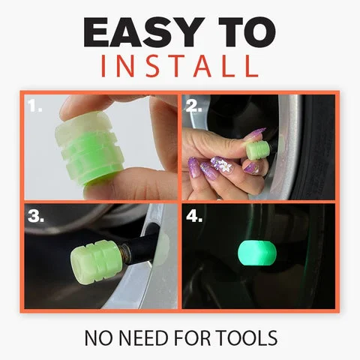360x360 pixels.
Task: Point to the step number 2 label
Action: click(x=194, y=107)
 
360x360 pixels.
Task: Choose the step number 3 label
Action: click(x=37, y=217)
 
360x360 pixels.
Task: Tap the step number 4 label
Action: click(x=195, y=217)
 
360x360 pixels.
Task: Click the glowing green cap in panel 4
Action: click(x=256, y=254)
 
